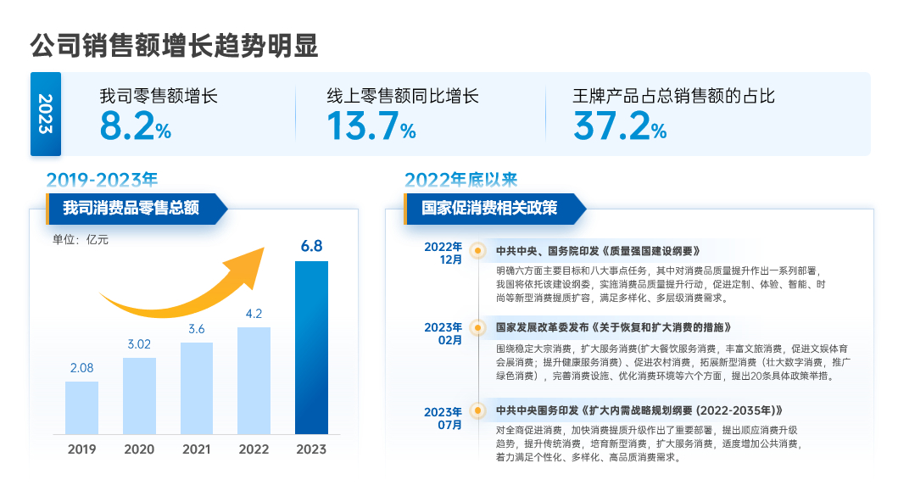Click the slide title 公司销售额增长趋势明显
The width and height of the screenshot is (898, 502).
tap(174, 45)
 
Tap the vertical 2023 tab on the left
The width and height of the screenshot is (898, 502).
tap(46, 114)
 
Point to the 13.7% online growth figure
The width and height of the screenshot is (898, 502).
tap(371, 126)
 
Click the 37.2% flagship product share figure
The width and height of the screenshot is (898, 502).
tap(619, 126)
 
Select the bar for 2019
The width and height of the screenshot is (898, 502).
tap(82, 408)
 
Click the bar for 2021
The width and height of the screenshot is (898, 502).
tap(197, 388)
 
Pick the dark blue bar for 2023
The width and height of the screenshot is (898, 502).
tap(311, 348)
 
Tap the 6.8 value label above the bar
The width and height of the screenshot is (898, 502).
tap(311, 247)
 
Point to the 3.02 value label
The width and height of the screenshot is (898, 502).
tap(139, 344)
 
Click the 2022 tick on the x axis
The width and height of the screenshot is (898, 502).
tap(254, 449)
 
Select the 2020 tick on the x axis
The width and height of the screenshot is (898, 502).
tap(139, 449)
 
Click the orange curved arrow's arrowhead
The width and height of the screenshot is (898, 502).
tap(255, 259)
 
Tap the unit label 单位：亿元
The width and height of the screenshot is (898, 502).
tap(81, 239)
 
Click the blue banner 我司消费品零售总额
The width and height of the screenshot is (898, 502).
tap(131, 208)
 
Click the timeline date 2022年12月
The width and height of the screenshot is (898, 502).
tap(443, 253)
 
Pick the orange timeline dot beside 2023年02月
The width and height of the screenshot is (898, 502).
tap(478, 326)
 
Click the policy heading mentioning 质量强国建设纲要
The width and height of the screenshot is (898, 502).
tap(598, 251)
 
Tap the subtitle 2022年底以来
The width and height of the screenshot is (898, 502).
tap(460, 180)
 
